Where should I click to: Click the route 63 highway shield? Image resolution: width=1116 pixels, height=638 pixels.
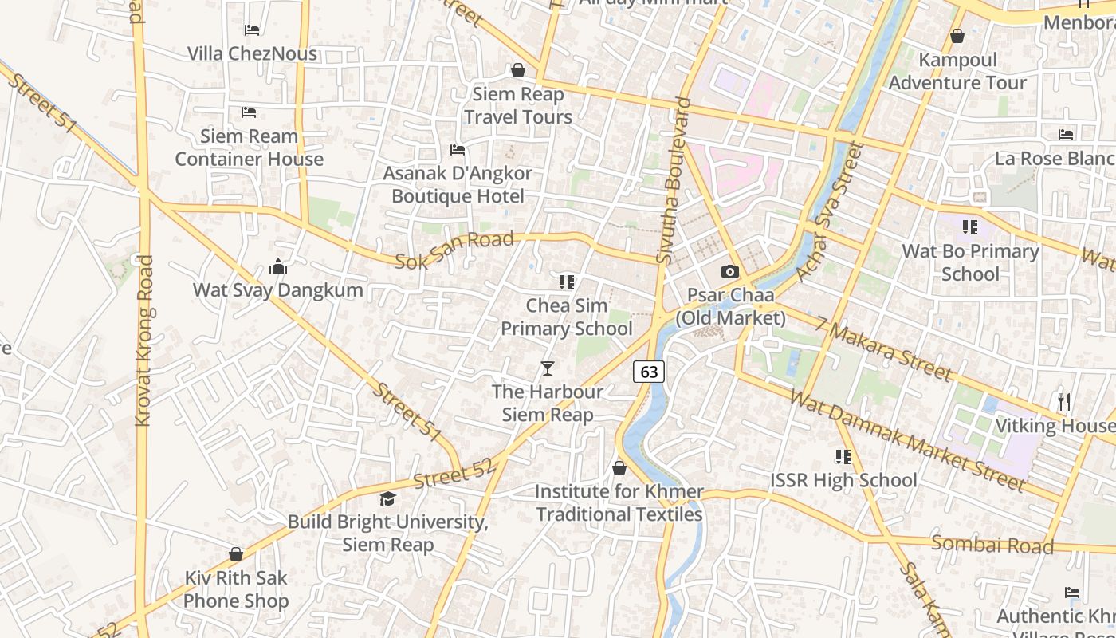(649, 372)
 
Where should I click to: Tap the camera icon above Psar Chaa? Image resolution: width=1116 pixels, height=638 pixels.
(729, 272)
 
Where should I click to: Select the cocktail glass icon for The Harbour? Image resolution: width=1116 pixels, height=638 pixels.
(548, 368)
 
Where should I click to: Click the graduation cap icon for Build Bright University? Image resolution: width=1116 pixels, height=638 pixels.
(387, 499)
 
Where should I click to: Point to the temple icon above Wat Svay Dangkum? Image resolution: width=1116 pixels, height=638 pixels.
(278, 266)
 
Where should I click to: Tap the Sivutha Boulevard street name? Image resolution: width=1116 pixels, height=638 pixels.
(672, 180)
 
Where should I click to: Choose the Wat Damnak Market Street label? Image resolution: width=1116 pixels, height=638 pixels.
(907, 439)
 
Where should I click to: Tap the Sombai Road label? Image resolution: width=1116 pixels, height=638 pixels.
(992, 545)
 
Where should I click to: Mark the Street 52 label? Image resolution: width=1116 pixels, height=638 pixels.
(454, 475)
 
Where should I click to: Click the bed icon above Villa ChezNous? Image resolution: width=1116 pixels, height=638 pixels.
(252, 30)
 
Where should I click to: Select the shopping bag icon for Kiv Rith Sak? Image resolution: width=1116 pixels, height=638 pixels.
(236, 554)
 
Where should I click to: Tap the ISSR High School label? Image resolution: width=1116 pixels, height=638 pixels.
(843, 480)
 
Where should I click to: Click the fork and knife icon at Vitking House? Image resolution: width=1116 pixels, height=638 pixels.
(1064, 402)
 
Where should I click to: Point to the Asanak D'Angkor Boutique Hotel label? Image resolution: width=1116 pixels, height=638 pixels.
(458, 184)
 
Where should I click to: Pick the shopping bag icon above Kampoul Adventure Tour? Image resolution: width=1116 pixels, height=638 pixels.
(957, 37)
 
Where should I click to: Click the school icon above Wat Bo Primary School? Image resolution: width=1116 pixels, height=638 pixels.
(970, 228)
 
